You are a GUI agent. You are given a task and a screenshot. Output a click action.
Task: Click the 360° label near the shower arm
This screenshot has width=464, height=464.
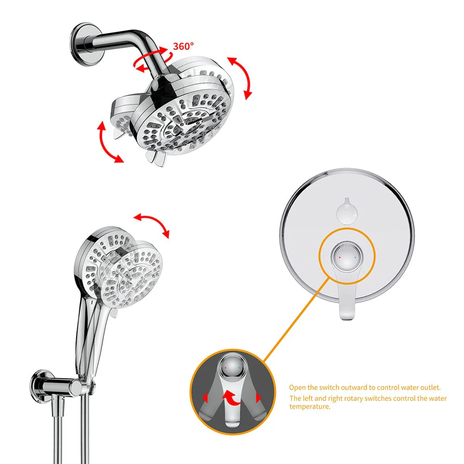pos(184,46)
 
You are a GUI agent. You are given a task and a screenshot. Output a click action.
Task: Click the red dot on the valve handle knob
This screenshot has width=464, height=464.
pos(340,256)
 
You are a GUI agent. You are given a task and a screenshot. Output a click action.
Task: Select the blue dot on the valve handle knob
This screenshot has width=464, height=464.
pos(355,256)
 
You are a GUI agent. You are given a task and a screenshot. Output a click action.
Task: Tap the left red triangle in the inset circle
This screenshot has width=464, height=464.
pos(204,398)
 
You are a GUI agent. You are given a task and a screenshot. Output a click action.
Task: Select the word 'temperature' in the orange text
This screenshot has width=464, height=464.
pos(310,406)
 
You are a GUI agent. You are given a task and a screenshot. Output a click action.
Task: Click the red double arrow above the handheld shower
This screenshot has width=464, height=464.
pos(151,225)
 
